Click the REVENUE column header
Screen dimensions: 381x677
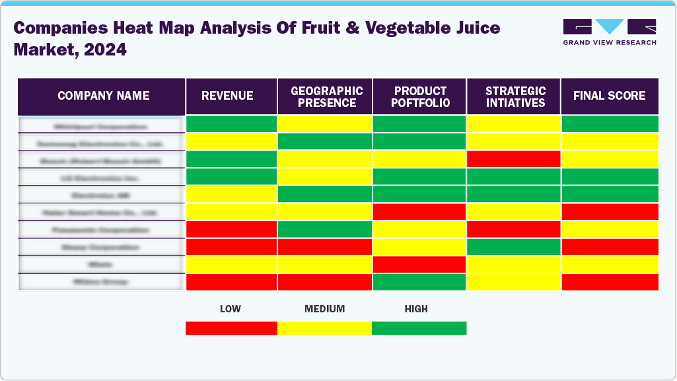(227, 96)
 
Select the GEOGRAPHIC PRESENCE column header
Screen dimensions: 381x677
(326, 96)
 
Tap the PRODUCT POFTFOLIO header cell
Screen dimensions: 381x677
(421, 96)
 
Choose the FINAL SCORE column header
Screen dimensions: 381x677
(609, 96)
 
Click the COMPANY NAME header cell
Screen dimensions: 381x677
(103, 96)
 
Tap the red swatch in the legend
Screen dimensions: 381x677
(231, 328)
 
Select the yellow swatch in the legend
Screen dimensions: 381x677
(324, 328)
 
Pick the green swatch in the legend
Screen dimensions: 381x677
(419, 328)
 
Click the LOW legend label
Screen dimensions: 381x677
(231, 309)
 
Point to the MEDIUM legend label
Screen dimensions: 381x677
(324, 309)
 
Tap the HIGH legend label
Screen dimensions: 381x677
(416, 309)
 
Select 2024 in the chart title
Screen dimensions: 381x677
(105, 50)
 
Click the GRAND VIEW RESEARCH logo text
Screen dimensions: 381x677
(609, 43)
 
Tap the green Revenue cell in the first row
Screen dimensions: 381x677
(231, 124)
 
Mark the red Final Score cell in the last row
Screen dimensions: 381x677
(610, 282)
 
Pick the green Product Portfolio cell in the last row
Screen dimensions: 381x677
(419, 282)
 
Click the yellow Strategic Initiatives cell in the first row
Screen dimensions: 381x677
(514, 124)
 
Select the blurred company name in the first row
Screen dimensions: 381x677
(101, 125)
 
